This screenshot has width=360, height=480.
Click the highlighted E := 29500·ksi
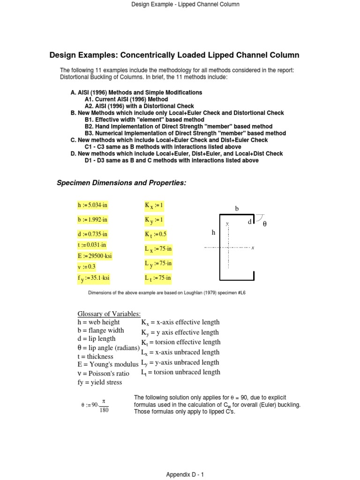[x=94, y=255]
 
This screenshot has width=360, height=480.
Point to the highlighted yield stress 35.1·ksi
[x=93, y=277]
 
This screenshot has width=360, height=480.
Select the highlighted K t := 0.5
[x=156, y=234]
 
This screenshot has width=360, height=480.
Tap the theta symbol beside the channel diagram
[x=264, y=225]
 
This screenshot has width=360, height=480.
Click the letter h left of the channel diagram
[x=213, y=232]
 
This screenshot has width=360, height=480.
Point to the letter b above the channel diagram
[x=237, y=208]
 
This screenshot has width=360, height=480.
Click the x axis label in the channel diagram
[x=253, y=247]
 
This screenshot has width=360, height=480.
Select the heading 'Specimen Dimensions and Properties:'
[x=121, y=182]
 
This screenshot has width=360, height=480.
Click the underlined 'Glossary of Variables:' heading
[x=109, y=314]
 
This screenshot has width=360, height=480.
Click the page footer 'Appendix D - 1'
[x=185, y=474]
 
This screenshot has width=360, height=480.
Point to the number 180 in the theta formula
[x=104, y=411]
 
